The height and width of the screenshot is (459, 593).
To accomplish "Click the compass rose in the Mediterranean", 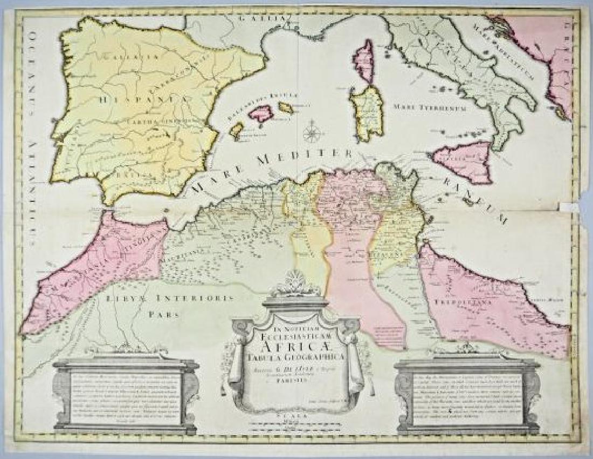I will (311, 133).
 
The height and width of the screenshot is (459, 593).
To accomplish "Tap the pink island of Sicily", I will (465, 159).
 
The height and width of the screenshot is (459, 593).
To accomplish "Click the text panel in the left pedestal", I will (125, 397).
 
